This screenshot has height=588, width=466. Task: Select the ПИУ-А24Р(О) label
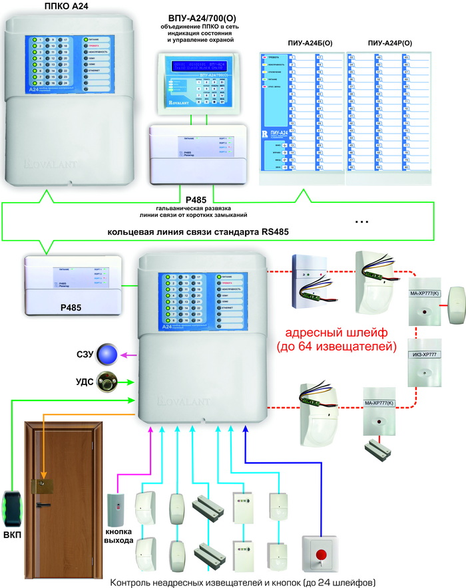(389, 43)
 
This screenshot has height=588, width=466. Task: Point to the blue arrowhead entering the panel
(244, 430)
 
